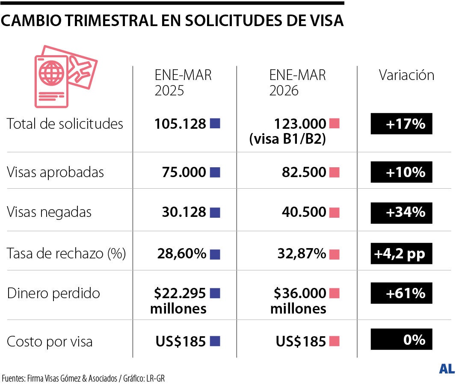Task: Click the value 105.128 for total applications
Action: (x=180, y=124)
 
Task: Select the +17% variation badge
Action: (x=401, y=124)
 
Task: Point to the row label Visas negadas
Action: (x=49, y=212)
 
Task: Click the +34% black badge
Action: (x=401, y=212)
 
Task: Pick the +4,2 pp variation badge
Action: (x=401, y=254)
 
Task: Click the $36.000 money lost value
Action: (x=299, y=293)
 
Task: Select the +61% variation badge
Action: (x=401, y=293)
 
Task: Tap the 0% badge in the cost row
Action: (x=401, y=340)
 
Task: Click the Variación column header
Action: (x=406, y=75)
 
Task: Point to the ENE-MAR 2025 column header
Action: (x=183, y=83)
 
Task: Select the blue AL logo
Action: (x=447, y=369)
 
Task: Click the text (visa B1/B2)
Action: (x=288, y=139)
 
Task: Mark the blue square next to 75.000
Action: (x=215, y=172)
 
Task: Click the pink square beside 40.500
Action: (x=335, y=212)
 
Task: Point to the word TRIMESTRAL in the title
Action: (x=105, y=21)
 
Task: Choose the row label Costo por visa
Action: (x=50, y=342)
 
